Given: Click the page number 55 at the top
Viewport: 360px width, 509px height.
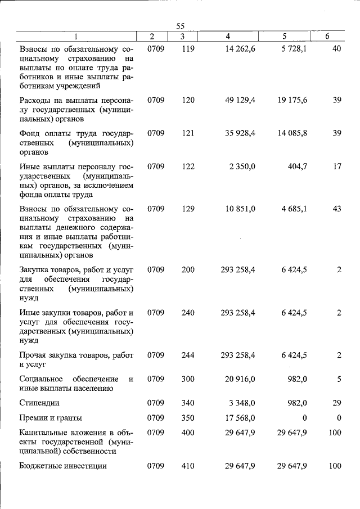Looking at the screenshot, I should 180,26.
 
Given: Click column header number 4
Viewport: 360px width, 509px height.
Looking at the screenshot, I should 228,37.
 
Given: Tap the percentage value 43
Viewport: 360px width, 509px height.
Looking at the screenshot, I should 337,209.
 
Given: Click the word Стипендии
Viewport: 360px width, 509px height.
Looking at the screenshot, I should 39,403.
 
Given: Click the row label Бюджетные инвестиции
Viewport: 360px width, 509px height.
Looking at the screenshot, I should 63,466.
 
